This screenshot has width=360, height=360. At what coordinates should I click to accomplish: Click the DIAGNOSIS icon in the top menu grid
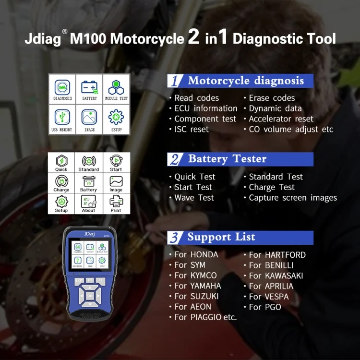click(x=62, y=88)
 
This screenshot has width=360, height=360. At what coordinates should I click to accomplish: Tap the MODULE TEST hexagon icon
click(x=116, y=88)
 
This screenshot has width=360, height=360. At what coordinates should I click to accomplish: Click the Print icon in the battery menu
click(x=116, y=203)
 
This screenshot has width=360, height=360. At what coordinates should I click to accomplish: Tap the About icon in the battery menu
click(x=89, y=203)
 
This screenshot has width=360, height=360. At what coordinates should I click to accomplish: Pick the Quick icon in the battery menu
click(x=61, y=162)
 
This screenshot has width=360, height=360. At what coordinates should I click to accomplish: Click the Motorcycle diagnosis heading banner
click(x=240, y=81)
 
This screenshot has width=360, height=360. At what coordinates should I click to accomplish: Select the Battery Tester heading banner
click(x=240, y=159)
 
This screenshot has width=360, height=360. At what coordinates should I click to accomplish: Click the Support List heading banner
click(x=240, y=237)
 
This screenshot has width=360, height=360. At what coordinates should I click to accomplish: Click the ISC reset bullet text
click(x=191, y=129)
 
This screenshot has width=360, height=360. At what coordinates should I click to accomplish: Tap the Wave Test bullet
click(x=193, y=198)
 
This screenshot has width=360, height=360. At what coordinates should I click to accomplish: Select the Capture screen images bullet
click(x=292, y=198)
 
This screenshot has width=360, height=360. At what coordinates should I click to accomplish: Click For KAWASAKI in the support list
click(x=276, y=276)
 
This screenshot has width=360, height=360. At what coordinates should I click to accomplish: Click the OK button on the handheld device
click(x=89, y=296)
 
